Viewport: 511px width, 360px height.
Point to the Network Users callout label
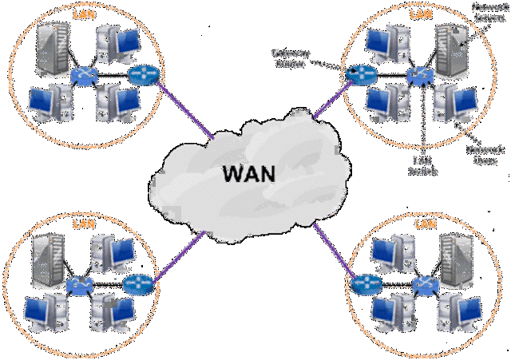485,153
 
